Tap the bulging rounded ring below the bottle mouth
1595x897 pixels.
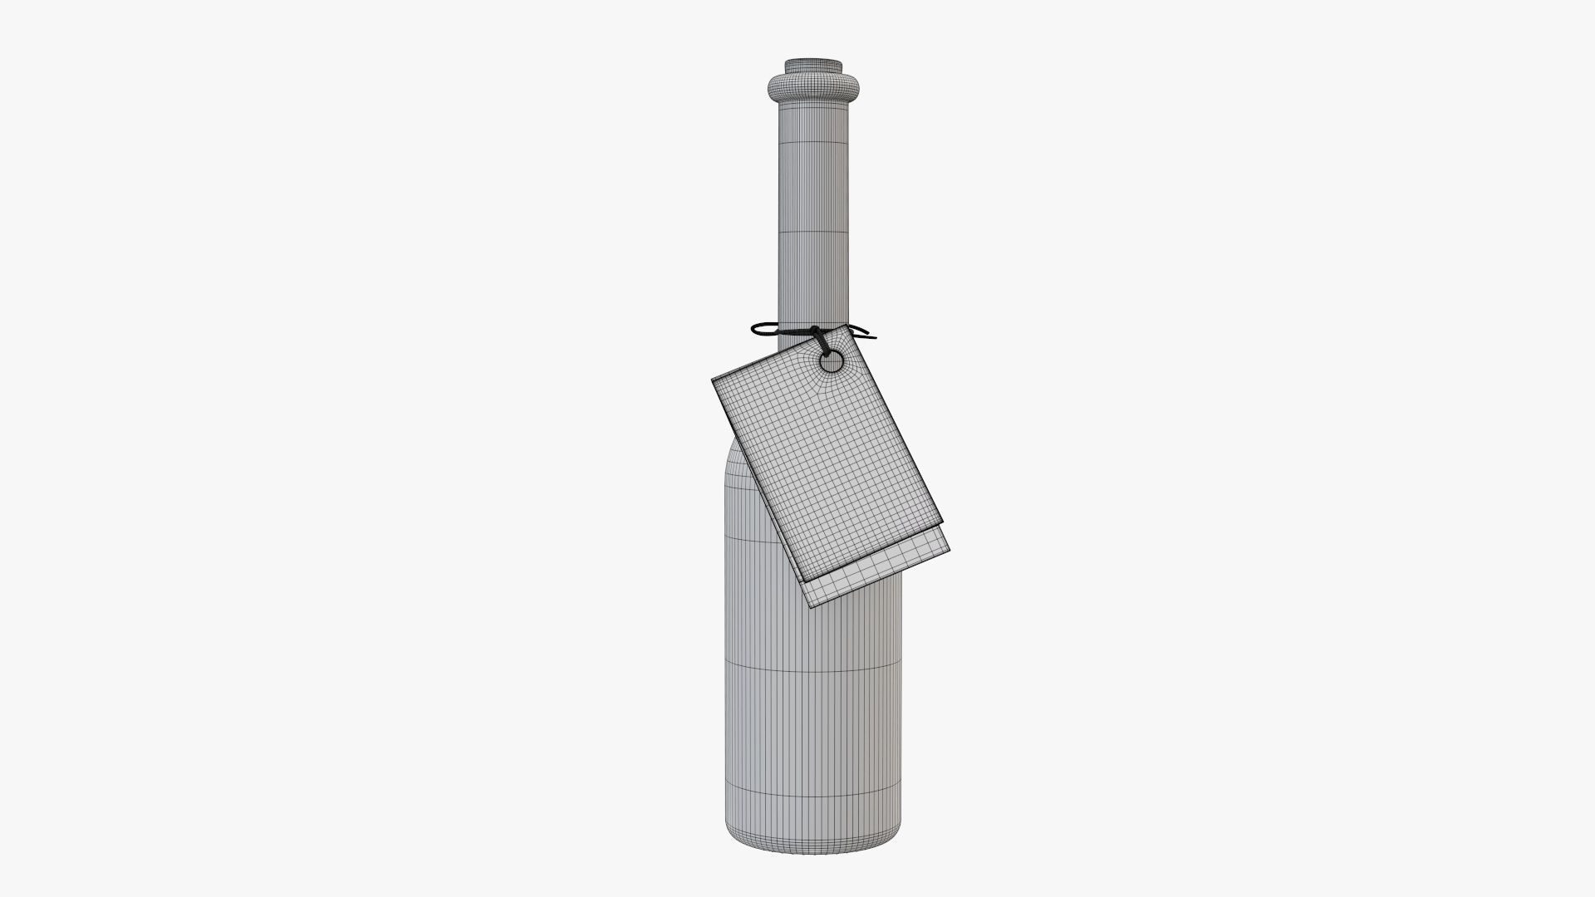pos(813,86)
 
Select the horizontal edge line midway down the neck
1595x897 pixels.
pos(813,232)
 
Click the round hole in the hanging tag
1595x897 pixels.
pos(831,361)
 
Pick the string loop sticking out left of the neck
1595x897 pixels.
pos(763,330)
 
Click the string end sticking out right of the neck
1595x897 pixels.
pos(868,336)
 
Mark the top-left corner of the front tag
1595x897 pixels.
pos(714,381)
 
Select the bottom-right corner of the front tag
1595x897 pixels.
pos(945,523)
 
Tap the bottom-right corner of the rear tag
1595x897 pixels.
pos(949,549)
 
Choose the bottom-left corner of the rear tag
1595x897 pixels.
pos(812,607)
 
